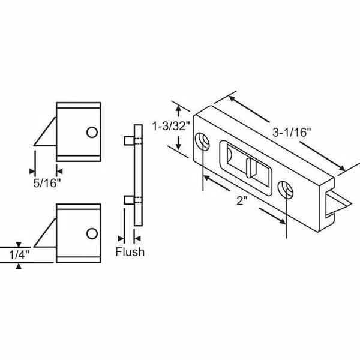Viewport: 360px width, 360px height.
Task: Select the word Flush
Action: click(129, 251)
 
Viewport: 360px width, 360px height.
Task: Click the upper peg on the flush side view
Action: click(128, 140)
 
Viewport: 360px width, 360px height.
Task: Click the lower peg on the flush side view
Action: click(128, 199)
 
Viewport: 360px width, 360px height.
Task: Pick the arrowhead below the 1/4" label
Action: click(19, 266)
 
